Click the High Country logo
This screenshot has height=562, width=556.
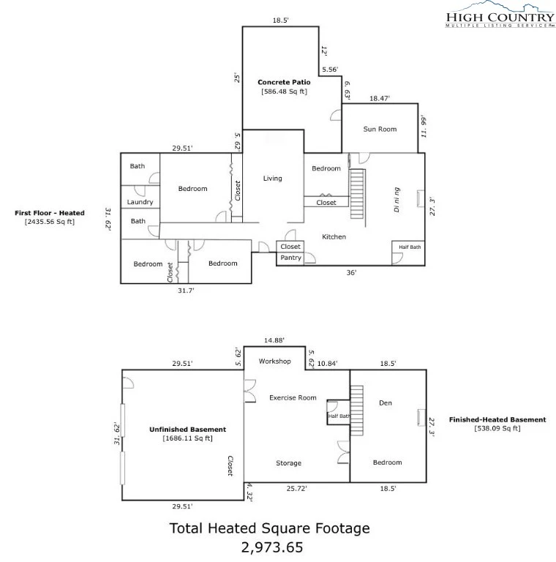pyautogui.click(x=500, y=15)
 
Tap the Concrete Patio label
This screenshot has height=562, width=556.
pyautogui.click(x=284, y=82)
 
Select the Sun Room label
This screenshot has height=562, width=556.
pyautogui.click(x=380, y=129)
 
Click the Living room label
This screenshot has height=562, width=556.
pyautogui.click(x=272, y=179)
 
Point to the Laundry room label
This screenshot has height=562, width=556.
pyautogui.click(x=140, y=202)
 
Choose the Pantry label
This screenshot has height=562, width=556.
pyautogui.click(x=290, y=258)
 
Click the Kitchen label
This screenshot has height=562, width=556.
pyautogui.click(x=334, y=237)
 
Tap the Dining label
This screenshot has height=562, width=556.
pyautogui.click(x=397, y=200)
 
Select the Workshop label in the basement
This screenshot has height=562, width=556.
pyautogui.click(x=275, y=361)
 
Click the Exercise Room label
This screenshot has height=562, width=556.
pyautogui.click(x=293, y=398)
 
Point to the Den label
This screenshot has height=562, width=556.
pyautogui.click(x=385, y=403)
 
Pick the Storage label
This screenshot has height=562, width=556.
pyautogui.click(x=288, y=463)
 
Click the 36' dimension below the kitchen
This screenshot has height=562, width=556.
pyautogui.click(x=351, y=273)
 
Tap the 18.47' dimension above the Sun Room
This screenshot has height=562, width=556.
pyautogui.click(x=380, y=98)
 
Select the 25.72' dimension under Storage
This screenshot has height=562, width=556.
pyautogui.click(x=296, y=489)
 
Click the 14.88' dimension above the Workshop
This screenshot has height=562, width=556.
pyautogui.click(x=274, y=340)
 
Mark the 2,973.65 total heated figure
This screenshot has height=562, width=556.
pyautogui.click(x=272, y=547)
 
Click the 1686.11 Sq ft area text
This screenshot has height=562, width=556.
pyautogui.click(x=188, y=438)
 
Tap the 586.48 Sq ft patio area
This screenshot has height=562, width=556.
pyautogui.click(x=284, y=91)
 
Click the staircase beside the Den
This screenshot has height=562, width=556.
pyautogui.click(x=356, y=410)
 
